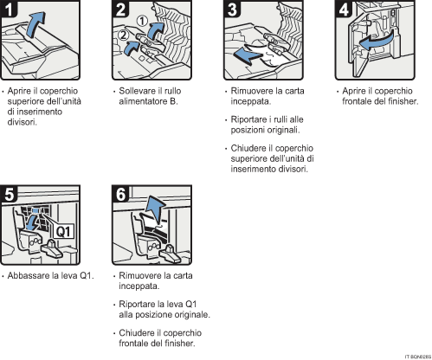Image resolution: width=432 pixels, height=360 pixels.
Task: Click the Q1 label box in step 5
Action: click(62, 232)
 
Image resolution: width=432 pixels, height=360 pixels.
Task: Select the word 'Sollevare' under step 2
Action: click(134, 91)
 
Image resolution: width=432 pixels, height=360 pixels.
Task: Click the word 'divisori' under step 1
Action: click(23, 122)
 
